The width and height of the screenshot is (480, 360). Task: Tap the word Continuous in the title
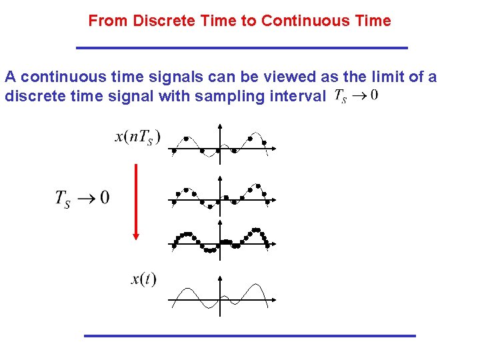tap(299, 21)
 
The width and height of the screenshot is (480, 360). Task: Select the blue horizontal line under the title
tap(242, 48)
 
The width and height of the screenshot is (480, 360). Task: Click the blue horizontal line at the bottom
tap(249, 335)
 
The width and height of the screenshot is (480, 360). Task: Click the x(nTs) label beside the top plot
tap(138, 137)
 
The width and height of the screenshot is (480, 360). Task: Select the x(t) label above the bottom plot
tap(143, 278)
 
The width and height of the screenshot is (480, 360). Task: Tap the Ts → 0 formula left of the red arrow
tap(82, 198)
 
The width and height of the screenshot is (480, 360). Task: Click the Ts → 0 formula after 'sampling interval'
tap(355, 96)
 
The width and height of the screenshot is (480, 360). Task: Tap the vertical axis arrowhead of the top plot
tap(219, 127)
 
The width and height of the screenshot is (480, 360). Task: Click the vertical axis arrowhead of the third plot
tap(219, 223)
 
